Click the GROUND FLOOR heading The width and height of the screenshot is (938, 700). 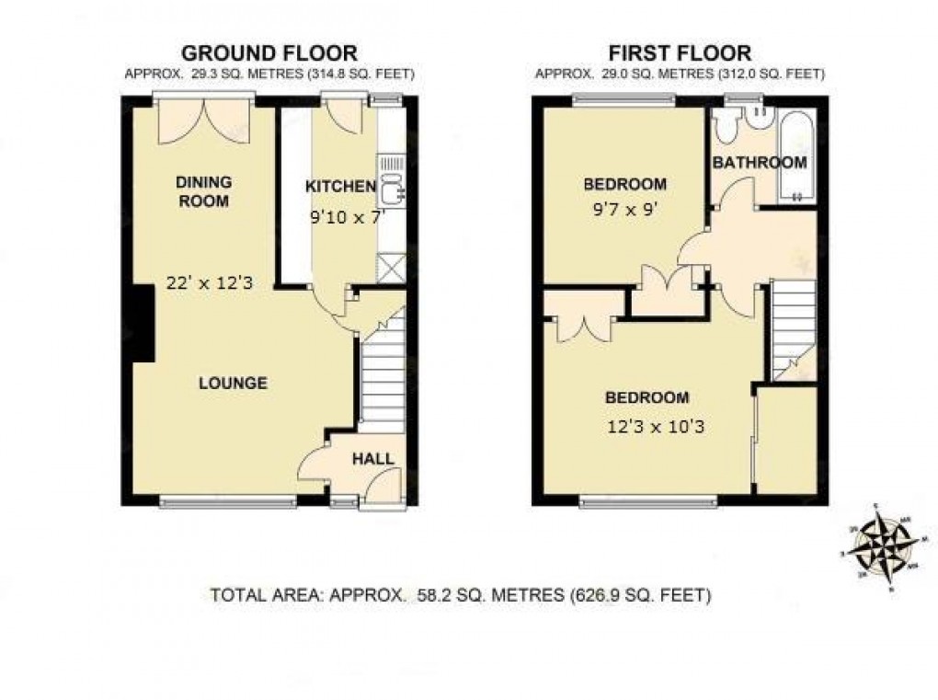click(269, 52)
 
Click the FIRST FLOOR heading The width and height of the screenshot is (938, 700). click(680, 52)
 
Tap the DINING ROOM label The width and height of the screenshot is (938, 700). click(203, 191)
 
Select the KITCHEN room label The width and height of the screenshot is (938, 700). click(340, 187)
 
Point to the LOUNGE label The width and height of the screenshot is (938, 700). click(234, 383)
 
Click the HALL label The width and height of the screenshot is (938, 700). click(373, 458)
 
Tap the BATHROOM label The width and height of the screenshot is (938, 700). click(761, 163)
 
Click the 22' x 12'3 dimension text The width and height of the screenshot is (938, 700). click(209, 283)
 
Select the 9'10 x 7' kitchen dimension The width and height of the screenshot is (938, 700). click(343, 219)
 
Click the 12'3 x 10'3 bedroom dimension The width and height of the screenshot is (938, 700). click(656, 426)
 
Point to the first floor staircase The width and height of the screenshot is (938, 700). click(793, 327)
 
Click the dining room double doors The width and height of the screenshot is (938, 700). click(203, 123)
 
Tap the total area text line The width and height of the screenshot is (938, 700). click(461, 595)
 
